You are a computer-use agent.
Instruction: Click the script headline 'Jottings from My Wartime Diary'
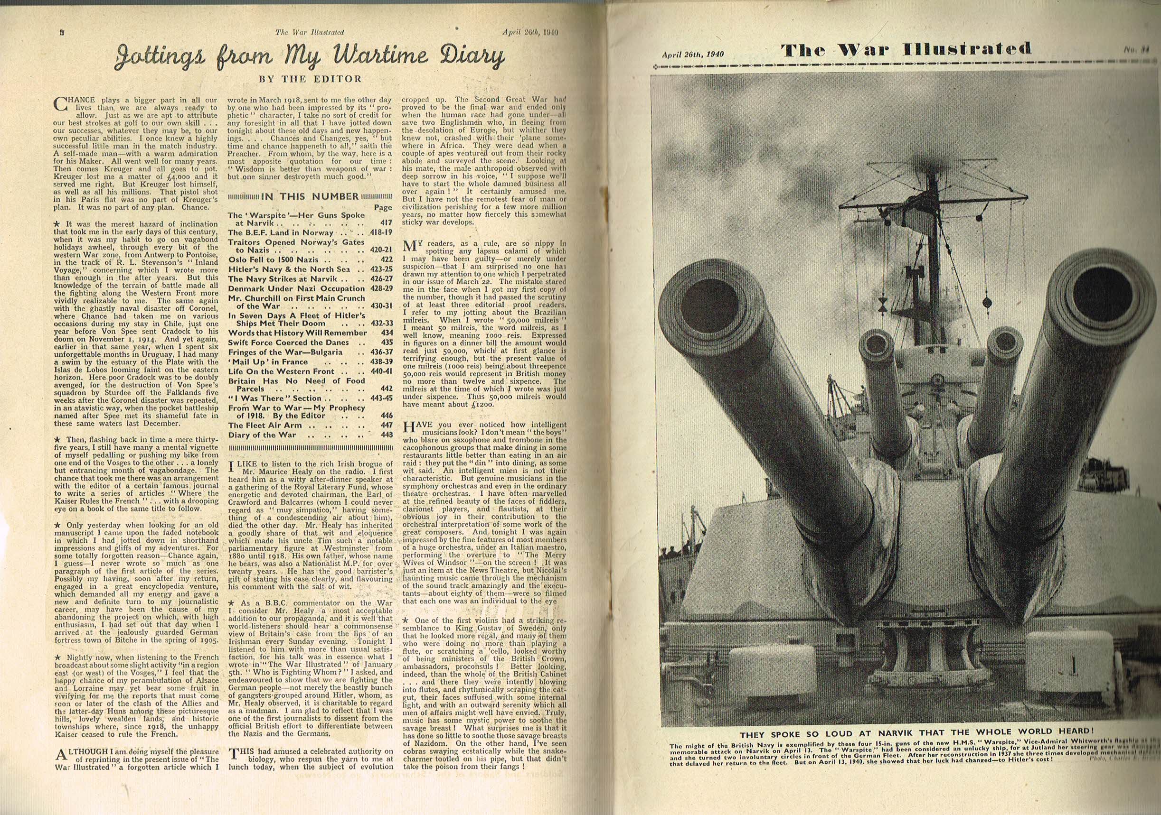(310, 56)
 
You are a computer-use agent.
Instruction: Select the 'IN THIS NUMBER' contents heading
(310, 196)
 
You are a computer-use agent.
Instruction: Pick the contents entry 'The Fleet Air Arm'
(265, 426)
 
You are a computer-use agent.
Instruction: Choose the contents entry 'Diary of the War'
(262, 435)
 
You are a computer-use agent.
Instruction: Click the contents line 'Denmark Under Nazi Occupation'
(296, 288)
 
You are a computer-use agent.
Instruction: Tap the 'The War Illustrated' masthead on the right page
(906, 49)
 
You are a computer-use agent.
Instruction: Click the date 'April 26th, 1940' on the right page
(693, 54)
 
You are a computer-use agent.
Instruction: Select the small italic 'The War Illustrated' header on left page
(310, 32)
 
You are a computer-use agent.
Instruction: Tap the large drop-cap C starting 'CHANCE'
(60, 103)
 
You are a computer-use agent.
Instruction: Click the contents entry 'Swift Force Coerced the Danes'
(290, 343)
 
